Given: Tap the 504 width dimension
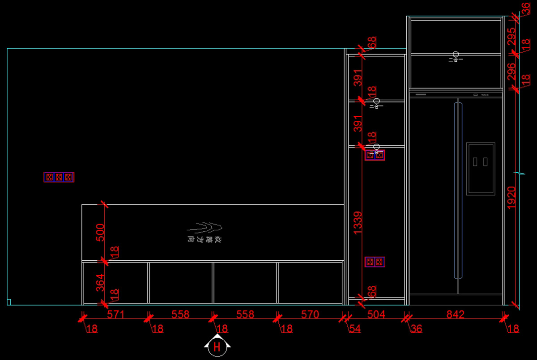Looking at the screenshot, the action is coord(376,315).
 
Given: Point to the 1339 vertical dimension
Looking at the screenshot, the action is coord(358,223).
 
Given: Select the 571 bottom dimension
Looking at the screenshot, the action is coord(115,315).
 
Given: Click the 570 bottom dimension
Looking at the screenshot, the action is coord(310,315).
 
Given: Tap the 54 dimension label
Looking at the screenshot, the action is coord(354,329).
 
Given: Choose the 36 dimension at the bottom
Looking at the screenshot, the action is coord(416,329).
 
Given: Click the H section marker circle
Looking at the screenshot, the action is coord(217,347).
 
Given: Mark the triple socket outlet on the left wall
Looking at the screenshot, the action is coord(59,177).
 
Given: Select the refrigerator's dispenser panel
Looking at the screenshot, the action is coord(481,169).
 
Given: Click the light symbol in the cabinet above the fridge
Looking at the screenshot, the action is coord(456,57).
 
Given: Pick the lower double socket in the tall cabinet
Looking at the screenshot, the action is coord(375,262).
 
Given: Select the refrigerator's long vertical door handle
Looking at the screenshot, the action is coord(457,191).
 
